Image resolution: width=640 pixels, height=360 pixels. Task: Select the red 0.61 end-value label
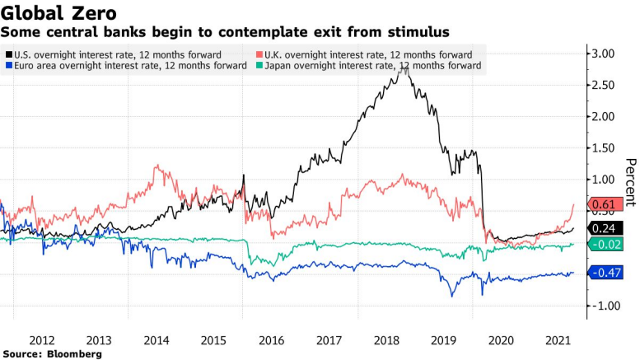[604, 227]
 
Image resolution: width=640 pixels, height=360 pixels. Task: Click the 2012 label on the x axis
[42, 339]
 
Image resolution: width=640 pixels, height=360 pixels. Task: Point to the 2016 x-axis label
[272, 339]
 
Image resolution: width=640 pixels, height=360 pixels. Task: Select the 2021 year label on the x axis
[559, 339]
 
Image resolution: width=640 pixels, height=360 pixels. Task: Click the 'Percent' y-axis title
[631, 182]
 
